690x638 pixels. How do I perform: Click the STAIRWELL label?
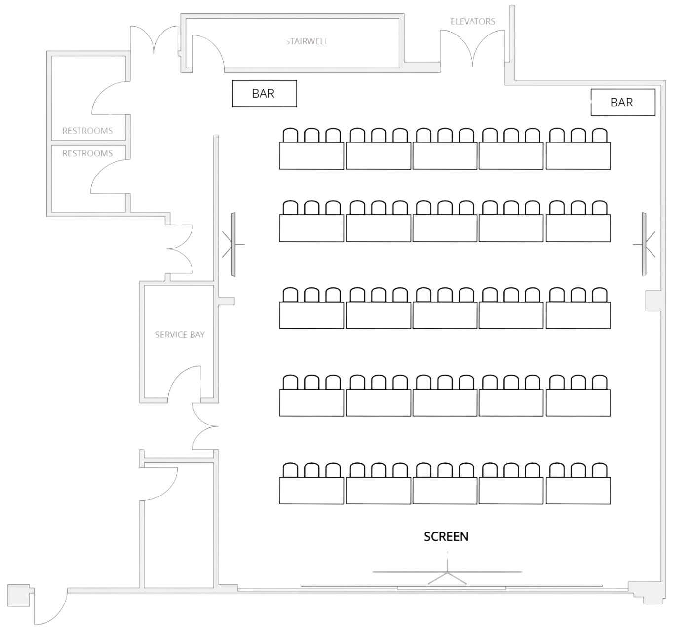[x=307, y=41]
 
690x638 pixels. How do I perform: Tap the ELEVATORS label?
[x=472, y=22]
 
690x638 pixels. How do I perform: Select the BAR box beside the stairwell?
[x=265, y=94]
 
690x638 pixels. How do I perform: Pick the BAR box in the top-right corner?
[x=622, y=103]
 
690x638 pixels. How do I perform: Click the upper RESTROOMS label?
[x=87, y=131]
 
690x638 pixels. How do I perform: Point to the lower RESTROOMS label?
[x=87, y=153]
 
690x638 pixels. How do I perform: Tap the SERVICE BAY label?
[x=180, y=335]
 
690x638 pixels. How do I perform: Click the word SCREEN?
[x=446, y=537]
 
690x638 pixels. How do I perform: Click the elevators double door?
[x=473, y=47]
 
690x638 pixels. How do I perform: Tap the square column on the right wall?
[x=652, y=301]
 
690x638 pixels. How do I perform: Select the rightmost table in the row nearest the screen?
[x=578, y=491]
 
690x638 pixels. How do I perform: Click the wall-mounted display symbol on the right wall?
[x=644, y=244]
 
